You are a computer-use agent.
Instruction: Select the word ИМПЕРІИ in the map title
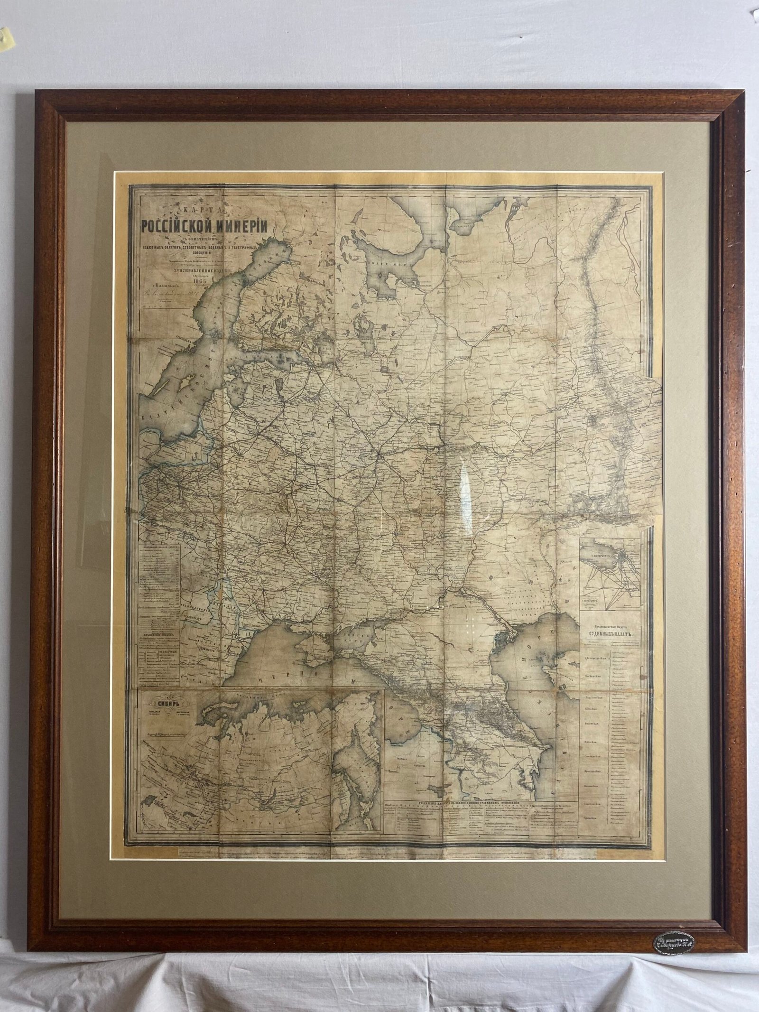pyautogui.click(x=242, y=227)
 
